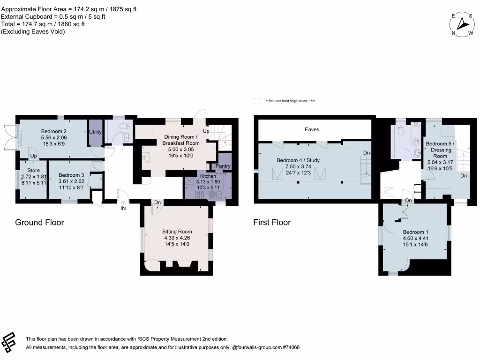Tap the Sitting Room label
tap(177, 232)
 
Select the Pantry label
tap(223, 166)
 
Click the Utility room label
tap(95, 132)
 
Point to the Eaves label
tap(312, 129)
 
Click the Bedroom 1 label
tap(415, 232)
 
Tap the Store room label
tap(33, 170)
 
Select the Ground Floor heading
tap(39, 222)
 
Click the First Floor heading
tap(272, 222)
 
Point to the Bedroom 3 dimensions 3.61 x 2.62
tap(70, 181)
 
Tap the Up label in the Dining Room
tap(206, 130)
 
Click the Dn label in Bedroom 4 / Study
tap(367, 153)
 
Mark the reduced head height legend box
tap(259, 101)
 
